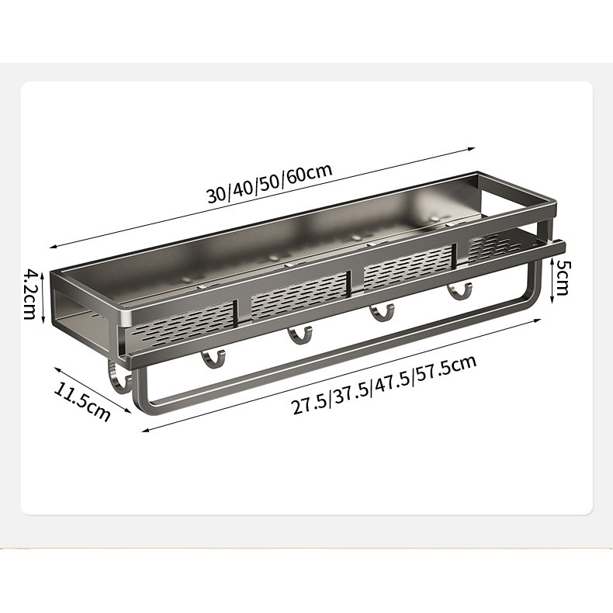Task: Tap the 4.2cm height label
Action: (30, 294)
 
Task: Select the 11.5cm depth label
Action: (81, 401)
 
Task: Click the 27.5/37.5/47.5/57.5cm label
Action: (384, 385)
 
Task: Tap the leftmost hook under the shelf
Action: (213, 359)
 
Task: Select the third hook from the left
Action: (382, 313)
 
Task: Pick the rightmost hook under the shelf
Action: (459, 292)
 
